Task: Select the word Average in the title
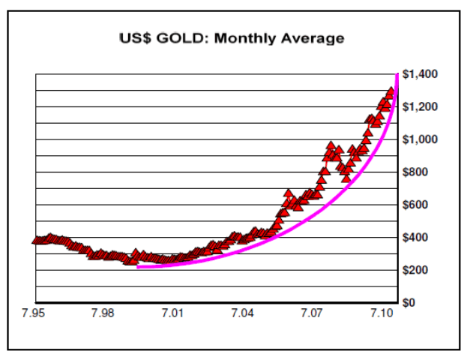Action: pos(310,38)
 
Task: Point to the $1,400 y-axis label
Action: pos(420,74)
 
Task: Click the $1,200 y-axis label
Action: pos(420,107)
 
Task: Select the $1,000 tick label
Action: pos(420,139)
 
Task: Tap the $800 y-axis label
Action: pos(415,172)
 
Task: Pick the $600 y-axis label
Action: pos(415,205)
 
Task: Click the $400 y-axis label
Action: pos(415,237)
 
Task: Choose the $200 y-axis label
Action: pos(415,270)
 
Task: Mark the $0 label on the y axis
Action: pos(409,302)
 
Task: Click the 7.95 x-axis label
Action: pos(34,312)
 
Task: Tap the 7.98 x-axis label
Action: pos(103,312)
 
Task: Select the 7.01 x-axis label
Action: pos(173,312)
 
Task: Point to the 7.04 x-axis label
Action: pos(242,312)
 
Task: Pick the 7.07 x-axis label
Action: pos(312,312)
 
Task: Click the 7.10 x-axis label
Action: pos(382,312)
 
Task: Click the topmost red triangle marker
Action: pos(391,92)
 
